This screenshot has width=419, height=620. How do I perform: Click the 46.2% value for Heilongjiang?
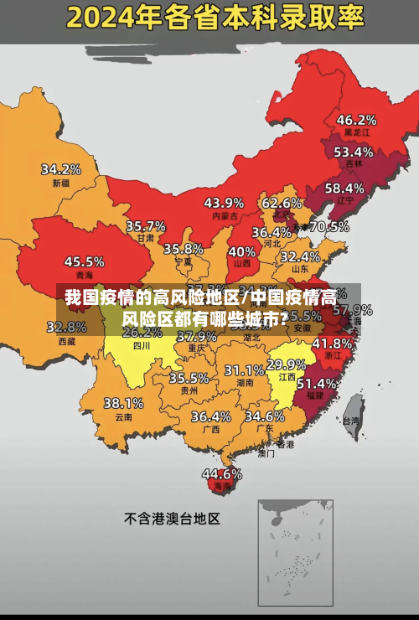[356, 120]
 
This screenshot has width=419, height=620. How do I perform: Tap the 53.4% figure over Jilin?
[353, 152]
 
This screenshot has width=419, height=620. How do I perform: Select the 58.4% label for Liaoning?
[344, 188]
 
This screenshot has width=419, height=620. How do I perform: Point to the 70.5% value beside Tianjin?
[329, 226]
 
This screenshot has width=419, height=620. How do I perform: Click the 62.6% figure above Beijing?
[282, 203]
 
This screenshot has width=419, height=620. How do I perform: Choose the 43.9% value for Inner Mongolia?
[224, 203]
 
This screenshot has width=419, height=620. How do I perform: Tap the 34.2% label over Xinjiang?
[61, 168]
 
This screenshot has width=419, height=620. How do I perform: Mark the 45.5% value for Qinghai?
[85, 261]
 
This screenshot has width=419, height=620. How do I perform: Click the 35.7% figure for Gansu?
[145, 226]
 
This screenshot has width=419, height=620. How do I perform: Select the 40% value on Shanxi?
[242, 251]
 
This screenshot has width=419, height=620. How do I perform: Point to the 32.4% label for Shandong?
[299, 256]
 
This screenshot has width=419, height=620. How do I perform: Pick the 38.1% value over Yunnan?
[123, 403]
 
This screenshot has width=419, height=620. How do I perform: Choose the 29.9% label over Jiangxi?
[286, 364]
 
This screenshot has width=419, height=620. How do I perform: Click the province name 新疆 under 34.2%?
[61, 183]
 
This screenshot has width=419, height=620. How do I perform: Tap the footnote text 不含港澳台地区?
[172, 519]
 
